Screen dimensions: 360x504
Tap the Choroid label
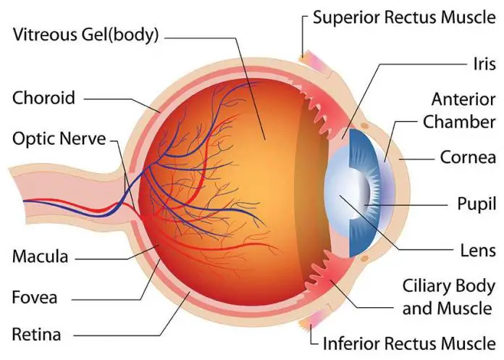pos(43,97)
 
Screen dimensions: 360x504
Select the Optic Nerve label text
pos(59,138)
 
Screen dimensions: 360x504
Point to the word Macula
pos(40,256)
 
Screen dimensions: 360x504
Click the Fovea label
pos(35,296)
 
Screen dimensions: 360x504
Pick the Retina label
pos(36,334)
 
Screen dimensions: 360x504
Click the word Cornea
pos(468,156)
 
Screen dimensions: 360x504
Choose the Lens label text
pos(478,251)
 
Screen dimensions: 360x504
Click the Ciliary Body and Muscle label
pos(448,297)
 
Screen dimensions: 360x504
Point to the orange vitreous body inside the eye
pos(246,181)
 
